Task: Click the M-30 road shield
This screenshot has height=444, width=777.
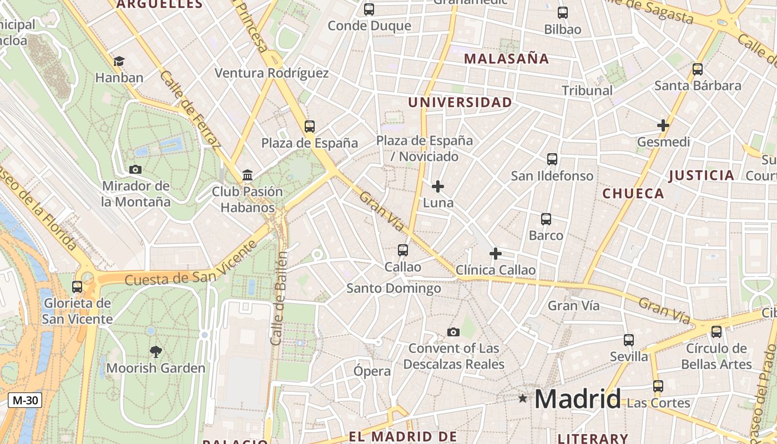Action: point(25,400)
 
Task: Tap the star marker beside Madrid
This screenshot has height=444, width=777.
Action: point(522,398)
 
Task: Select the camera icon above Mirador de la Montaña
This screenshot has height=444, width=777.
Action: point(135,169)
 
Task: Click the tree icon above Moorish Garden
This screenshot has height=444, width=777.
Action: point(156,351)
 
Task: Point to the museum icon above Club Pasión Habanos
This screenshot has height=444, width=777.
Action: point(248,175)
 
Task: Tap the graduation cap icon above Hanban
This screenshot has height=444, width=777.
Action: point(119,61)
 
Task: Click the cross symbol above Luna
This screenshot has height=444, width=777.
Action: point(438,186)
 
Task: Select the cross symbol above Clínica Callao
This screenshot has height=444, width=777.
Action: point(496,254)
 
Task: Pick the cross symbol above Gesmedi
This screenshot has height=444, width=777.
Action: point(663,125)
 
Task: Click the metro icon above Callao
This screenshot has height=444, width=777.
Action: point(403,250)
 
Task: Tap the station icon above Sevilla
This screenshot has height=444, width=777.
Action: point(629,340)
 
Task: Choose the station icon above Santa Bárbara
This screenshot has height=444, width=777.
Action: point(698,69)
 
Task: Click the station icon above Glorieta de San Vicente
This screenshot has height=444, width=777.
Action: point(77,287)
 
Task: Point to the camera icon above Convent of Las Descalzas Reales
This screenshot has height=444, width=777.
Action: point(453,332)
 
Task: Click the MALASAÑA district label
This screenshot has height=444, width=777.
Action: point(506,59)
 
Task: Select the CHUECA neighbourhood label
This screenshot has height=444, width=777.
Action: point(633,194)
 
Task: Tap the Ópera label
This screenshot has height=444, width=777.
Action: point(372,371)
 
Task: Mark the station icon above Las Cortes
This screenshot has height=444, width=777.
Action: point(658,386)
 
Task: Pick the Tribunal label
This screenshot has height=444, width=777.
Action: point(587,90)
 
